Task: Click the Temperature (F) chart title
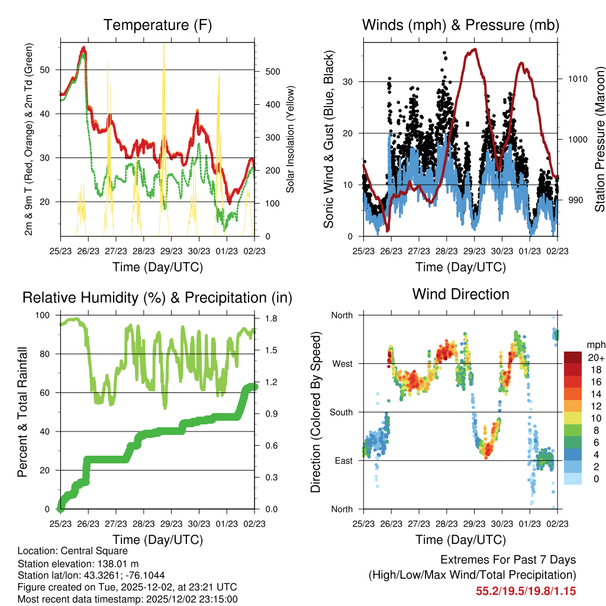click(157, 25)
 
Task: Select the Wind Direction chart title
click(460, 294)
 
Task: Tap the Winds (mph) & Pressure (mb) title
click(460, 25)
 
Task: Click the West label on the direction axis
click(342, 363)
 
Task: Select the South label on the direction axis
click(341, 412)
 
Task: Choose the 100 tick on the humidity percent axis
click(45, 315)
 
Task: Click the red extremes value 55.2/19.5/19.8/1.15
click(526, 591)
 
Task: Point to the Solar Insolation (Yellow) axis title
click(290, 140)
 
